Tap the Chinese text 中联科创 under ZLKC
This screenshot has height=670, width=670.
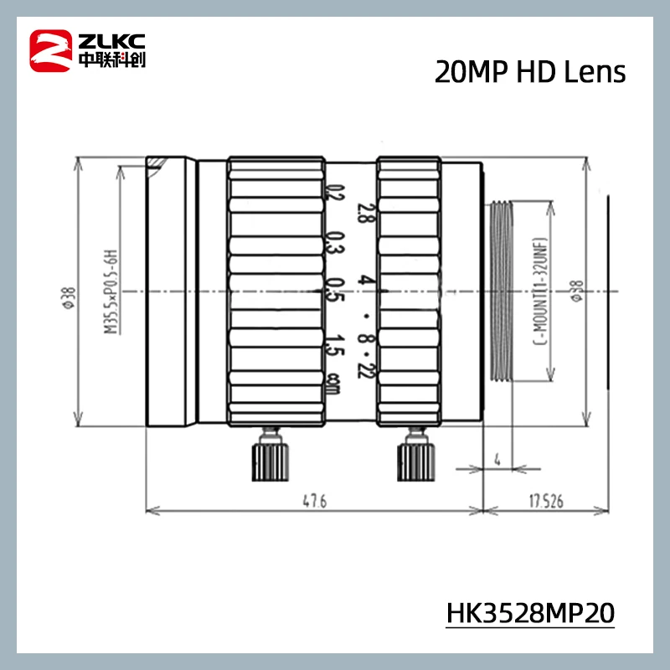point(111,60)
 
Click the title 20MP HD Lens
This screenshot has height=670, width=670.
point(529,72)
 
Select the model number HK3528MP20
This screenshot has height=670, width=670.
point(530,612)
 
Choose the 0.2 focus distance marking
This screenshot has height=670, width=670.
point(336,194)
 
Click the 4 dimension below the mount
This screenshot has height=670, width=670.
point(497,459)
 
